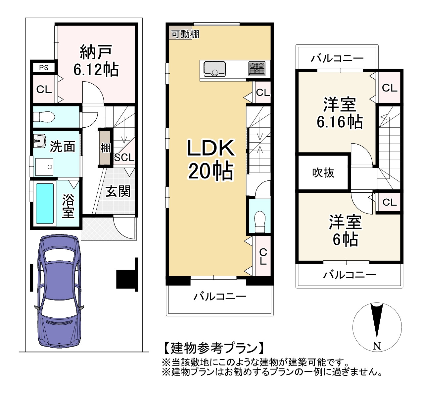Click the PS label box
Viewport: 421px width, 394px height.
[x=44, y=68]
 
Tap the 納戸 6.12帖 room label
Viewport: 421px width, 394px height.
[x=96, y=61]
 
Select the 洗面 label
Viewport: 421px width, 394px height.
[x=62, y=146]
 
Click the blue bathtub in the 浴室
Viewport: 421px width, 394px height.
[x=45, y=203]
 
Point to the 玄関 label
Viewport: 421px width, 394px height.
[x=118, y=191]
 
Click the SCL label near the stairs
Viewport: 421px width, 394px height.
[x=124, y=158]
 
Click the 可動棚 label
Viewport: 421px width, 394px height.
[x=185, y=34]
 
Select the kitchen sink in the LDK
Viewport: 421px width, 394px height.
[x=214, y=69]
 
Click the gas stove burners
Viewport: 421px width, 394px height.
[x=257, y=69]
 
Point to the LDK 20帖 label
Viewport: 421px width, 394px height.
[x=211, y=160]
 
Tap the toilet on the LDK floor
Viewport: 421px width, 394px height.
[x=260, y=222]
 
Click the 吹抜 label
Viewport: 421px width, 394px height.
[x=323, y=173]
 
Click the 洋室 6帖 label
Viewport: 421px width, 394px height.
[x=345, y=231]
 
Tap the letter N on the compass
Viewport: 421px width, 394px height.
[x=377, y=352]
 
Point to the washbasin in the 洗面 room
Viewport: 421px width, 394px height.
[x=40, y=141]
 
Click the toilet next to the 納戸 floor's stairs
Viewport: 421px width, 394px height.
[x=44, y=117]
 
